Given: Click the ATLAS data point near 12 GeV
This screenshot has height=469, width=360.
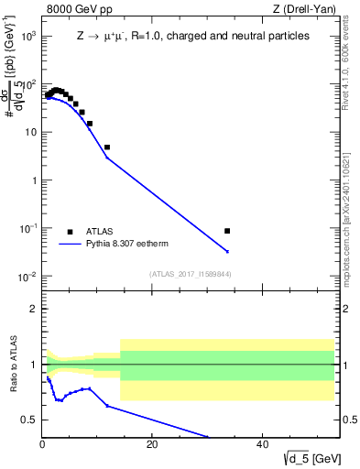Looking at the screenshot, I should pos(107,147).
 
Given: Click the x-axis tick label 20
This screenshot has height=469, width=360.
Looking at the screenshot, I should pos(152,444).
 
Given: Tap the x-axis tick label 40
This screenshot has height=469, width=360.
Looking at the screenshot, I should pos(262,444).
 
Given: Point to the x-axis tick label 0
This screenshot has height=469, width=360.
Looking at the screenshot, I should pos(42,444).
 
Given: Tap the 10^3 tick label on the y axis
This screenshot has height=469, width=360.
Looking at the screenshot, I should pos(27,37).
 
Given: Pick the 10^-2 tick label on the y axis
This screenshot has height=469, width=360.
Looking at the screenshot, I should pos(27,277).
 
